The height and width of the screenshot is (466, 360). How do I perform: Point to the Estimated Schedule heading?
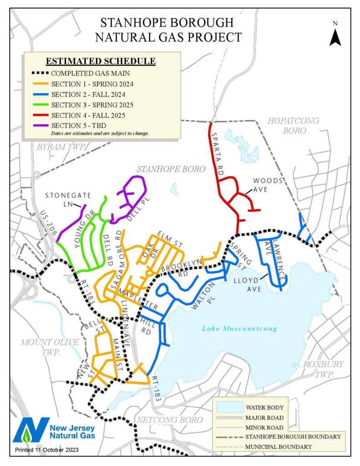101,61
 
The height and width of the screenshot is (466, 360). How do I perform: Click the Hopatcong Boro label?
293,125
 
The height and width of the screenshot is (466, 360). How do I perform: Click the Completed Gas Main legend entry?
88,73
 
